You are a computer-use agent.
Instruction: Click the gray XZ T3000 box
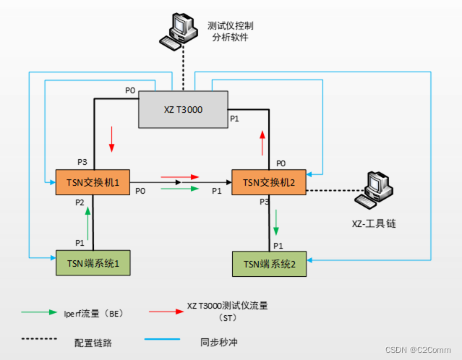pos(182,110)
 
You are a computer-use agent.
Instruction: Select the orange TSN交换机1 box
pos(92,181)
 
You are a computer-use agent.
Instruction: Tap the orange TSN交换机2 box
pos(268,181)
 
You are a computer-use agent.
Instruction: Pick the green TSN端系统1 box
pos(93,262)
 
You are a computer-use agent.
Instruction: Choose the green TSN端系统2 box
pos(268,264)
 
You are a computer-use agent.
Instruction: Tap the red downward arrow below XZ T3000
pos(111,139)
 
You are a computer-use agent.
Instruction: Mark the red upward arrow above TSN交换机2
pos(262,143)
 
